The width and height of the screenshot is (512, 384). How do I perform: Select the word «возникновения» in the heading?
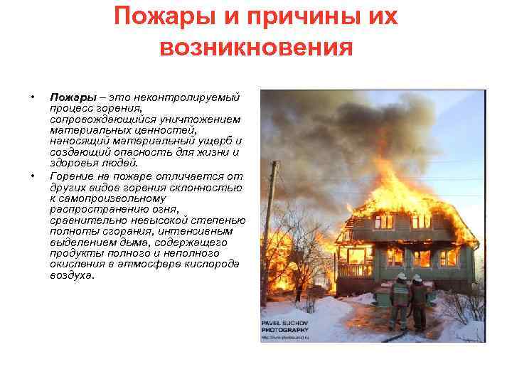pyautogui.click(x=256, y=48)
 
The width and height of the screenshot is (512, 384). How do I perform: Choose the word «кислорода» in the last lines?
pyautogui.click(x=213, y=265)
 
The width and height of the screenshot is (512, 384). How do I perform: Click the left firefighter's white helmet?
pyautogui.click(x=402, y=277)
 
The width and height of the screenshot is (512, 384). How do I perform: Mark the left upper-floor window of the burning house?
pyautogui.click(x=385, y=221)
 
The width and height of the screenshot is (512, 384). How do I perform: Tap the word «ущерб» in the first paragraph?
pyautogui.click(x=216, y=141)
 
